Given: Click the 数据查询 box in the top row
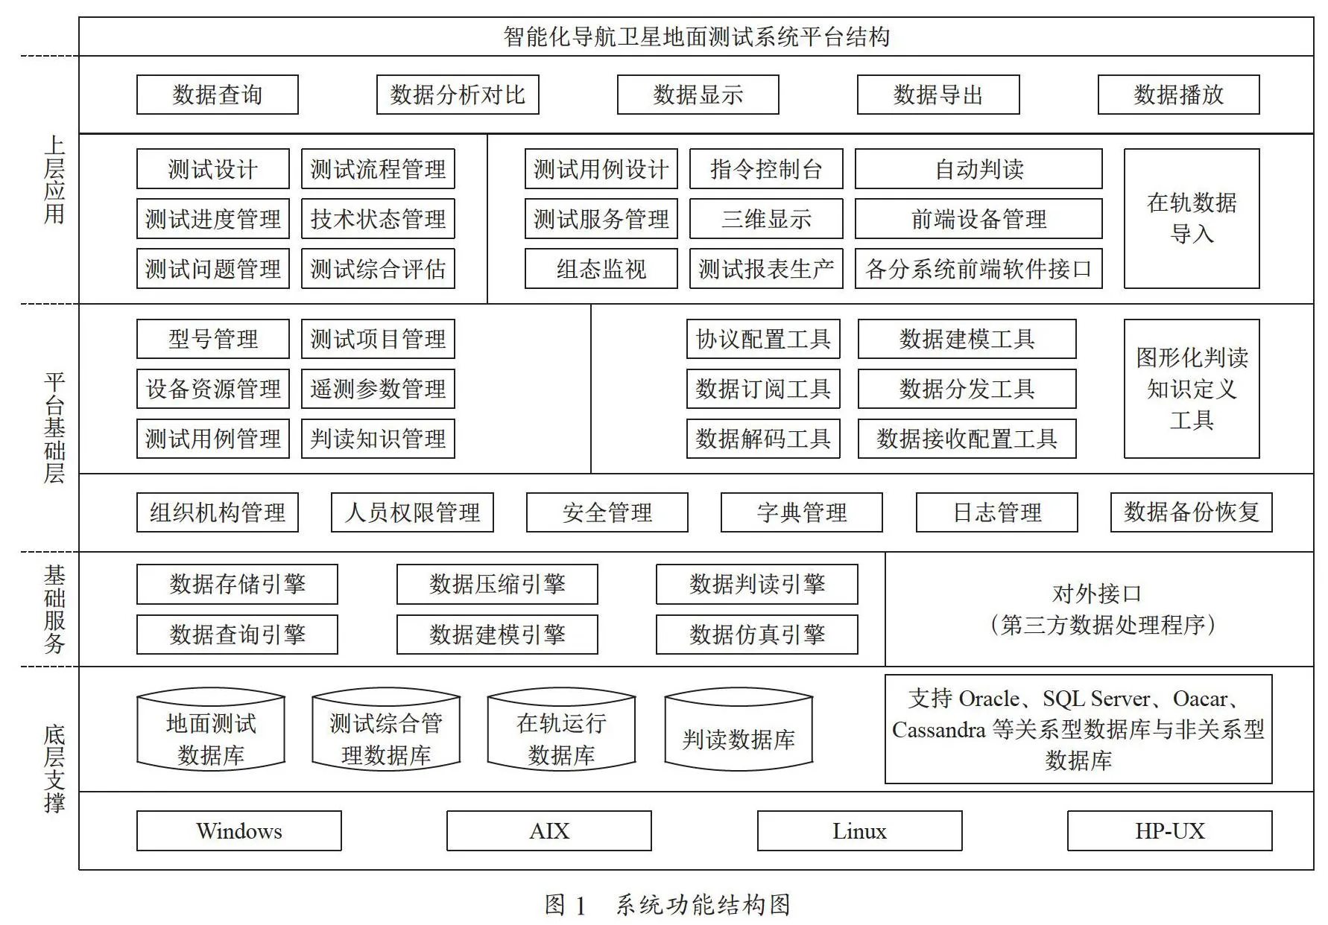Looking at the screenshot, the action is click(217, 95).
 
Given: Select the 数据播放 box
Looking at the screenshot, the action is click(1178, 95).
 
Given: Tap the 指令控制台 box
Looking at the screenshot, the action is click(766, 169).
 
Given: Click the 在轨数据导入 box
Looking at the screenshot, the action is click(1192, 218).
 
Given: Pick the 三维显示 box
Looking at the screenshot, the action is click(766, 219).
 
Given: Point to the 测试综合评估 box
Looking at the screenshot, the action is click(378, 269).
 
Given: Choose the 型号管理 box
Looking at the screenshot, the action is click(212, 339).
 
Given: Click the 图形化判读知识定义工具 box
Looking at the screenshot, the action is click(1192, 389).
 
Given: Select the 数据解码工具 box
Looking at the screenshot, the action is click(763, 439).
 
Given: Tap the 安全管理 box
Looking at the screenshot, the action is click(607, 512).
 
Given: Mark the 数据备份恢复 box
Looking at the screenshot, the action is click(1191, 512).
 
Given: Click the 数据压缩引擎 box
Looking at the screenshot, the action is click(497, 584).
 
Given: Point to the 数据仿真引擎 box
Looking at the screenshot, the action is click(756, 635).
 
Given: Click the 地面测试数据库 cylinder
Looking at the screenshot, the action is click(211, 730).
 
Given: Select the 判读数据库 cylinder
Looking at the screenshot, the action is click(739, 730).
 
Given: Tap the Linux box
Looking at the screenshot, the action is click(859, 831).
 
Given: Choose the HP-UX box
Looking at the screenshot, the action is click(1169, 831).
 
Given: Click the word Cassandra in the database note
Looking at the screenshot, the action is click(939, 730).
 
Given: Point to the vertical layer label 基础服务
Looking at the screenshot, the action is click(54, 609).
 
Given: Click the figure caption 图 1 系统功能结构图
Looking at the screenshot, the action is click(667, 905).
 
